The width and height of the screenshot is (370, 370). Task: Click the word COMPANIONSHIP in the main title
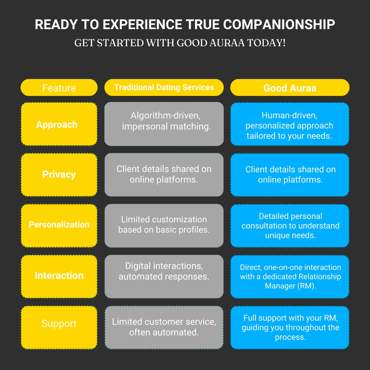coord(279,25)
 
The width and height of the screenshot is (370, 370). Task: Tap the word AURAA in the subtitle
coord(227,43)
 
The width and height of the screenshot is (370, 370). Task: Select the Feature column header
coord(59,88)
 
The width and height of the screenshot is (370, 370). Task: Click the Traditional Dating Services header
coord(164,88)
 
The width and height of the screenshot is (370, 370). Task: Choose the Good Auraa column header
coord(290,88)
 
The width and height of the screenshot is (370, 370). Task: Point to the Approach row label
coord(59,124)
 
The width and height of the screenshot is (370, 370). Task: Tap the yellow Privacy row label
coord(59,175)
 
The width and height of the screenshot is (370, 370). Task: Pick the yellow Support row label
coord(59,328)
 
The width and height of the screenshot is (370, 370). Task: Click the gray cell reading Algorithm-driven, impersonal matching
coord(164,124)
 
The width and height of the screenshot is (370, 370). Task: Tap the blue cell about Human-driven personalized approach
coord(290,124)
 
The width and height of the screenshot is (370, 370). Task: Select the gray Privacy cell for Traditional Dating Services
coord(164,175)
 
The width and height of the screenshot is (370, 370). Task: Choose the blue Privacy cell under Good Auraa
coord(290,175)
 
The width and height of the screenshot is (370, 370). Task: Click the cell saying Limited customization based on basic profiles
coord(164,225)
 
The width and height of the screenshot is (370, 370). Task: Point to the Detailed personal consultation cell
coord(290,226)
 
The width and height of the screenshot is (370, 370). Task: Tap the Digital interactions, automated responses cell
coord(164,276)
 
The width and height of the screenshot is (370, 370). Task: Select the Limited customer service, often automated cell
coord(164,328)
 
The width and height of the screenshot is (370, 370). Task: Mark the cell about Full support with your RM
coord(290,328)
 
